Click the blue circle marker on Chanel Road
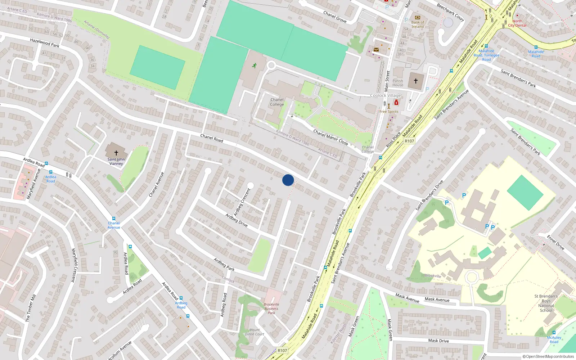288,180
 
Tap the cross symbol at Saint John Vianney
116,153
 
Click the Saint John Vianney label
116,161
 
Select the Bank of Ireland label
418,24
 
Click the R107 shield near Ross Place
409,141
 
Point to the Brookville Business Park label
271,309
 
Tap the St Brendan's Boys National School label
546,303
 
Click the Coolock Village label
386,95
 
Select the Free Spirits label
389,112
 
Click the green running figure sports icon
255,66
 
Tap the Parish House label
398,83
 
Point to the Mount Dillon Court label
255,332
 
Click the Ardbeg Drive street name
237,220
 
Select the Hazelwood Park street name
45,43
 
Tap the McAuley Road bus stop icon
554,333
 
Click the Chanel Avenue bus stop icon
114,219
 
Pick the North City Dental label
517,23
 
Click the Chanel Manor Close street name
330,137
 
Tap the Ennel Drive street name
555,242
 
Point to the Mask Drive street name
438,341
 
